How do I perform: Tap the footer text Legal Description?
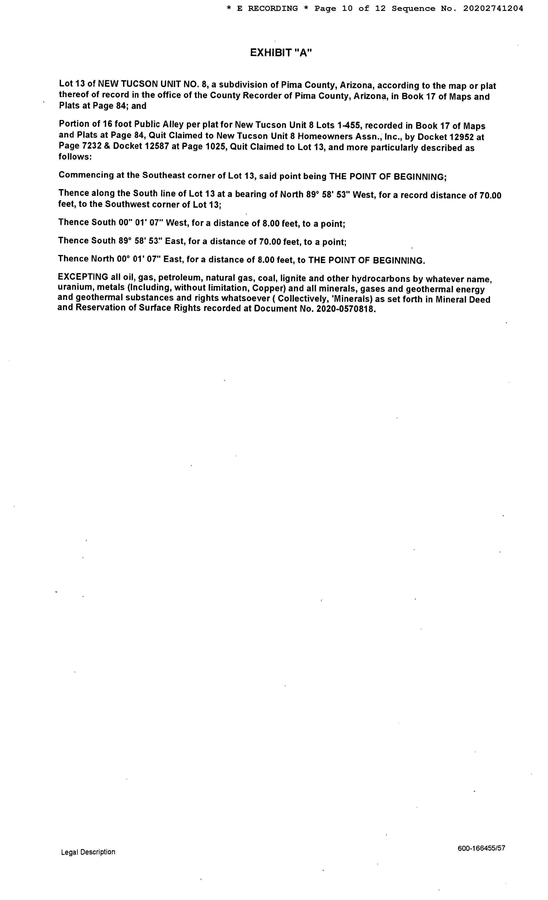[88, 852]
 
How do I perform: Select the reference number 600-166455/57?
[481, 848]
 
